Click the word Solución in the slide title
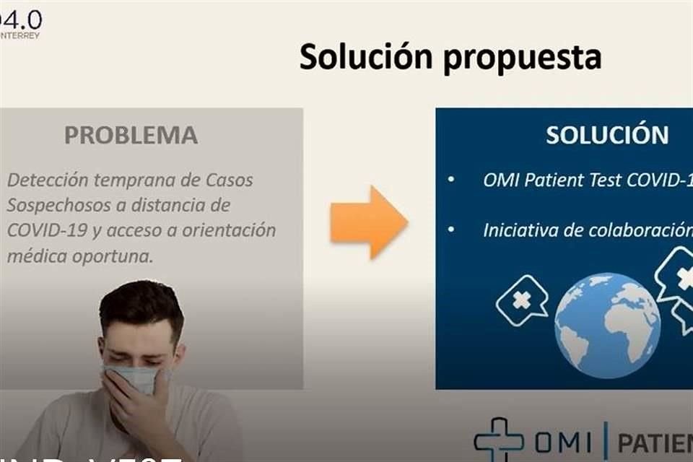[367, 57]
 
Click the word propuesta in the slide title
[523, 58]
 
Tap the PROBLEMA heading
[131, 135]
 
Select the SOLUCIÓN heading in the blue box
[607, 135]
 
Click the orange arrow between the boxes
[369, 222]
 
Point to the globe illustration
[607, 325]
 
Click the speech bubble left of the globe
[522, 300]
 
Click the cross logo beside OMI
[499, 439]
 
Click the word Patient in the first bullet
[556, 179]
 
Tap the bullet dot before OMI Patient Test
[451, 179]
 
